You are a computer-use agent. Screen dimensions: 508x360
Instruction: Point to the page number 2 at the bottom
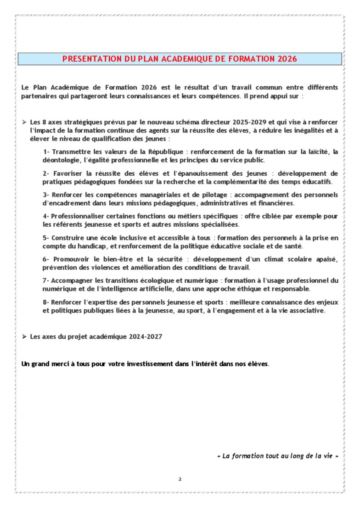tap(180, 479)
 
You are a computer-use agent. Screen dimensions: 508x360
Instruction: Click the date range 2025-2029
tap(248, 123)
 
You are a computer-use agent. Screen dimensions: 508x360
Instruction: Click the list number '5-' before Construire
tap(46, 238)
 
